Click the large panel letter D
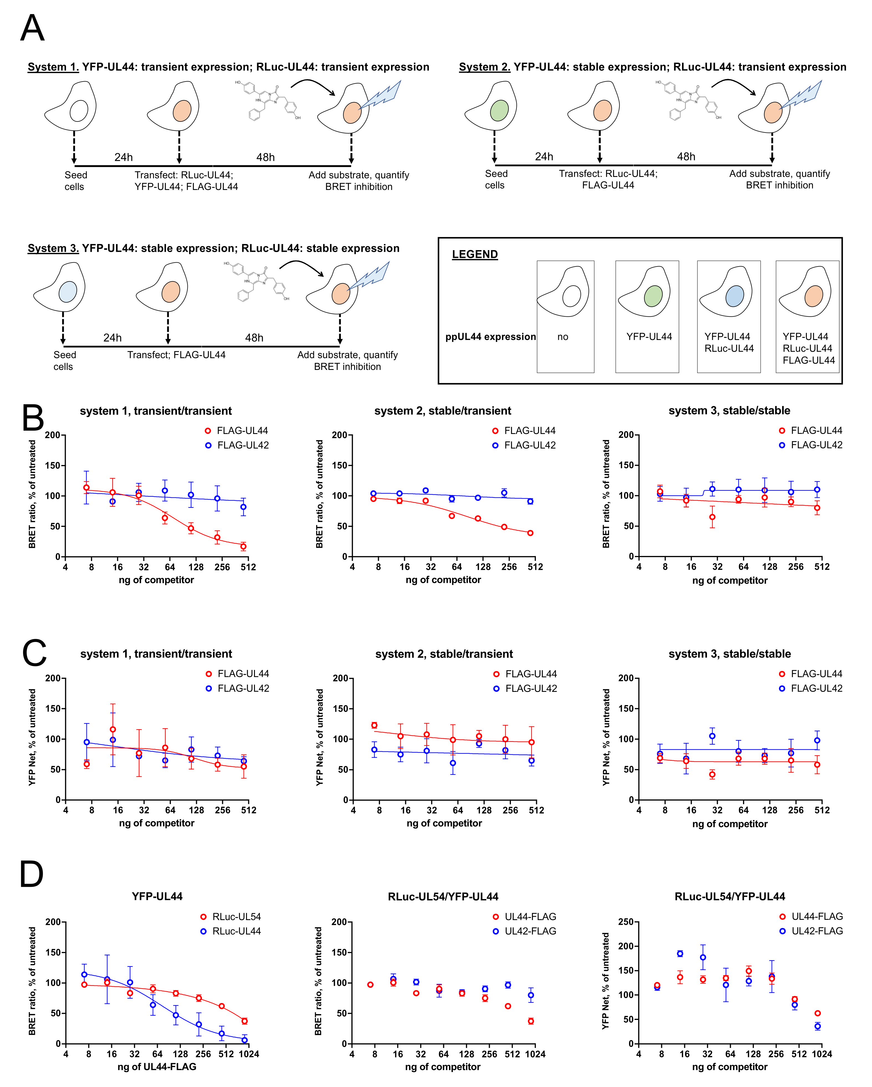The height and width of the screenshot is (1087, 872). (x=31, y=874)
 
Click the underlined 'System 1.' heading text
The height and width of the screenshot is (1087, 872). (x=53, y=67)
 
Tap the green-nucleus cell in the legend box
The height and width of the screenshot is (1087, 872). (x=653, y=296)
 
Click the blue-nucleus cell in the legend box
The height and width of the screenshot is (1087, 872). (x=734, y=296)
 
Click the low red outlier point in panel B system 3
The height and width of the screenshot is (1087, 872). (x=712, y=517)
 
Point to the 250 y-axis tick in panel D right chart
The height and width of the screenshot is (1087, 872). (x=626, y=922)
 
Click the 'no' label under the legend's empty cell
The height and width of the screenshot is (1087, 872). (x=562, y=337)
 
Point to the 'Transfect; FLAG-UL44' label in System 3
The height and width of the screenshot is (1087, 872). (x=176, y=355)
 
